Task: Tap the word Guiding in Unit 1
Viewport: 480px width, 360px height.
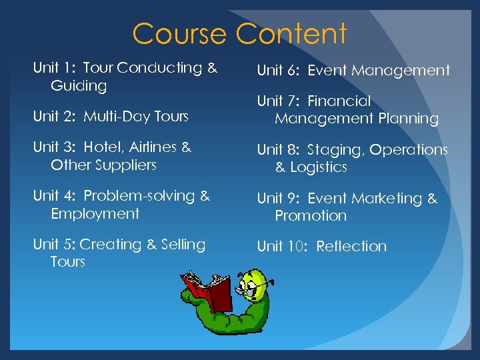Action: (79, 86)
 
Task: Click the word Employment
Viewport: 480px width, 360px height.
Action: (95, 214)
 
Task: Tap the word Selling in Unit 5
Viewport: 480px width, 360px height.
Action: (183, 245)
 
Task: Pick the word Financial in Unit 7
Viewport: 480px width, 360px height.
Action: (339, 101)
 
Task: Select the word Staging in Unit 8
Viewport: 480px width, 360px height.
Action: (335, 150)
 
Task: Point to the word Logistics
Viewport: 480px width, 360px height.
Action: (319, 167)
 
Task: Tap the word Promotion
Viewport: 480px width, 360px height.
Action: (311, 216)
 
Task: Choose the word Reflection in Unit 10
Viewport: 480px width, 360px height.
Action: (351, 247)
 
